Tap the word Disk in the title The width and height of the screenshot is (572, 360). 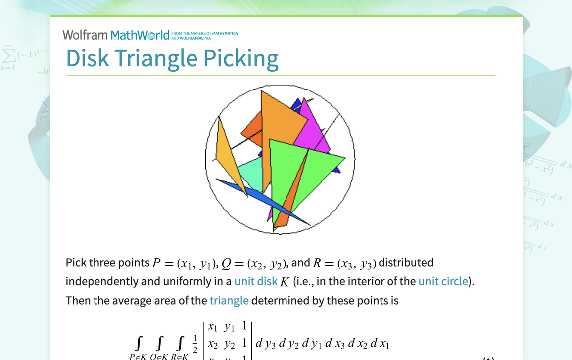point(87,58)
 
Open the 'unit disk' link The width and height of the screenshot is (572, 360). point(256,281)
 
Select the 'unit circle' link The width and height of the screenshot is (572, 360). point(443,281)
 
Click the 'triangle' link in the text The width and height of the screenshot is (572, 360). point(229,300)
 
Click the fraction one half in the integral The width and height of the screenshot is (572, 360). point(195,343)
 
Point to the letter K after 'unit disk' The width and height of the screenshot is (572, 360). point(285,282)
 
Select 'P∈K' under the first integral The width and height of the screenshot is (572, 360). point(138,356)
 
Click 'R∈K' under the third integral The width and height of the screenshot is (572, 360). point(179,356)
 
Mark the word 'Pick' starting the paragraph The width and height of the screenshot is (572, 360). point(75,262)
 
